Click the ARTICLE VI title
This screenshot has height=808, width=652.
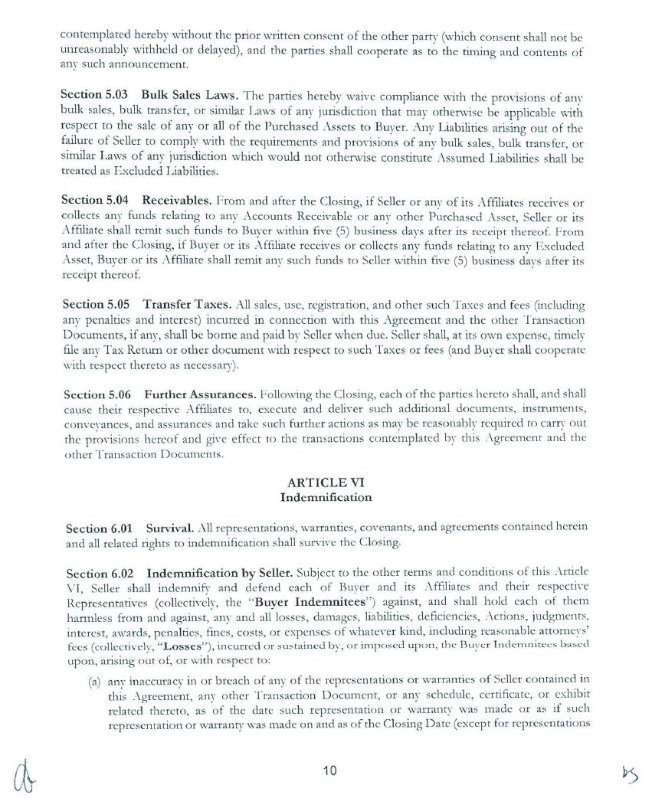tap(325, 482)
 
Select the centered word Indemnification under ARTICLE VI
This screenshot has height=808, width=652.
tap(326, 497)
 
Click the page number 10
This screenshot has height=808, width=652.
tap(329, 770)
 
